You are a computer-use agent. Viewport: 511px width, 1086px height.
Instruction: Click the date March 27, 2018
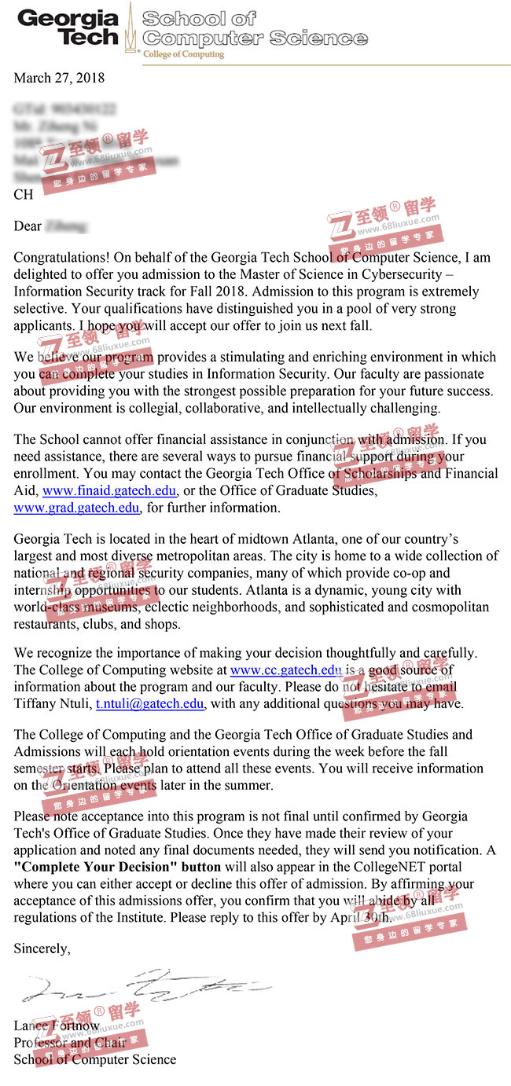(59, 78)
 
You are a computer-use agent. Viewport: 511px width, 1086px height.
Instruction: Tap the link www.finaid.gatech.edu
(109, 491)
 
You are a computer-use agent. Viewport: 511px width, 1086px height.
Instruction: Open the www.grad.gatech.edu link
(76, 508)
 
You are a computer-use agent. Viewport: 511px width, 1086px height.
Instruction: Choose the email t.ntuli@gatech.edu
(149, 703)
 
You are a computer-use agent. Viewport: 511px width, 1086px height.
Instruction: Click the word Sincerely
(42, 948)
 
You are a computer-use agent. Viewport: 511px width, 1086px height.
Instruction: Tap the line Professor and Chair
(69, 1043)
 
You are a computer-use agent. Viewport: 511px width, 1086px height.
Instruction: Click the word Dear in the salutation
(28, 226)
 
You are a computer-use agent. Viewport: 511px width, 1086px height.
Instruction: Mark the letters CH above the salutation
(24, 194)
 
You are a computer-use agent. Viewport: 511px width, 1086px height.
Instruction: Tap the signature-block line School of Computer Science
(94, 1059)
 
